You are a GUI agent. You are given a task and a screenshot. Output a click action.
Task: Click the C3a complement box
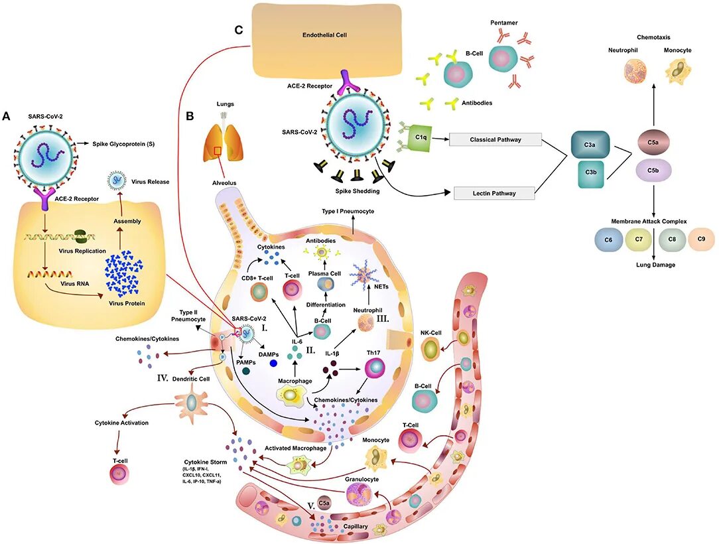point(590,145)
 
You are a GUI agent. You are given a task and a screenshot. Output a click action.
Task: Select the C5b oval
point(653,170)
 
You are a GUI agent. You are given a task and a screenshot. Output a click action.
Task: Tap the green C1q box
point(420,137)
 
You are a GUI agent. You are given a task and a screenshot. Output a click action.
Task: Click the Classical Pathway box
point(495,139)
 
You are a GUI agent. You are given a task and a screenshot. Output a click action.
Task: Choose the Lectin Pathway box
point(494,193)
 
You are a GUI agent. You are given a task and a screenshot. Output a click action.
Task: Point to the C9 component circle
point(701,239)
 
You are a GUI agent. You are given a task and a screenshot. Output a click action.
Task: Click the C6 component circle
point(608,240)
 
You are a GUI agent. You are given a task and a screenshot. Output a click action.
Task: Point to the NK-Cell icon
point(430,349)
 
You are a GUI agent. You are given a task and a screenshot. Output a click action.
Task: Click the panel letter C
point(238,31)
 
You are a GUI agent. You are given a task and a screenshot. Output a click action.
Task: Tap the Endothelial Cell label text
point(324,35)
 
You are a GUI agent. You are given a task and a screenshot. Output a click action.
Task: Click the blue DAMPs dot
point(274,364)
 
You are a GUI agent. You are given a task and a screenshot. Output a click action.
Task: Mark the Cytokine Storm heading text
point(206,462)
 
